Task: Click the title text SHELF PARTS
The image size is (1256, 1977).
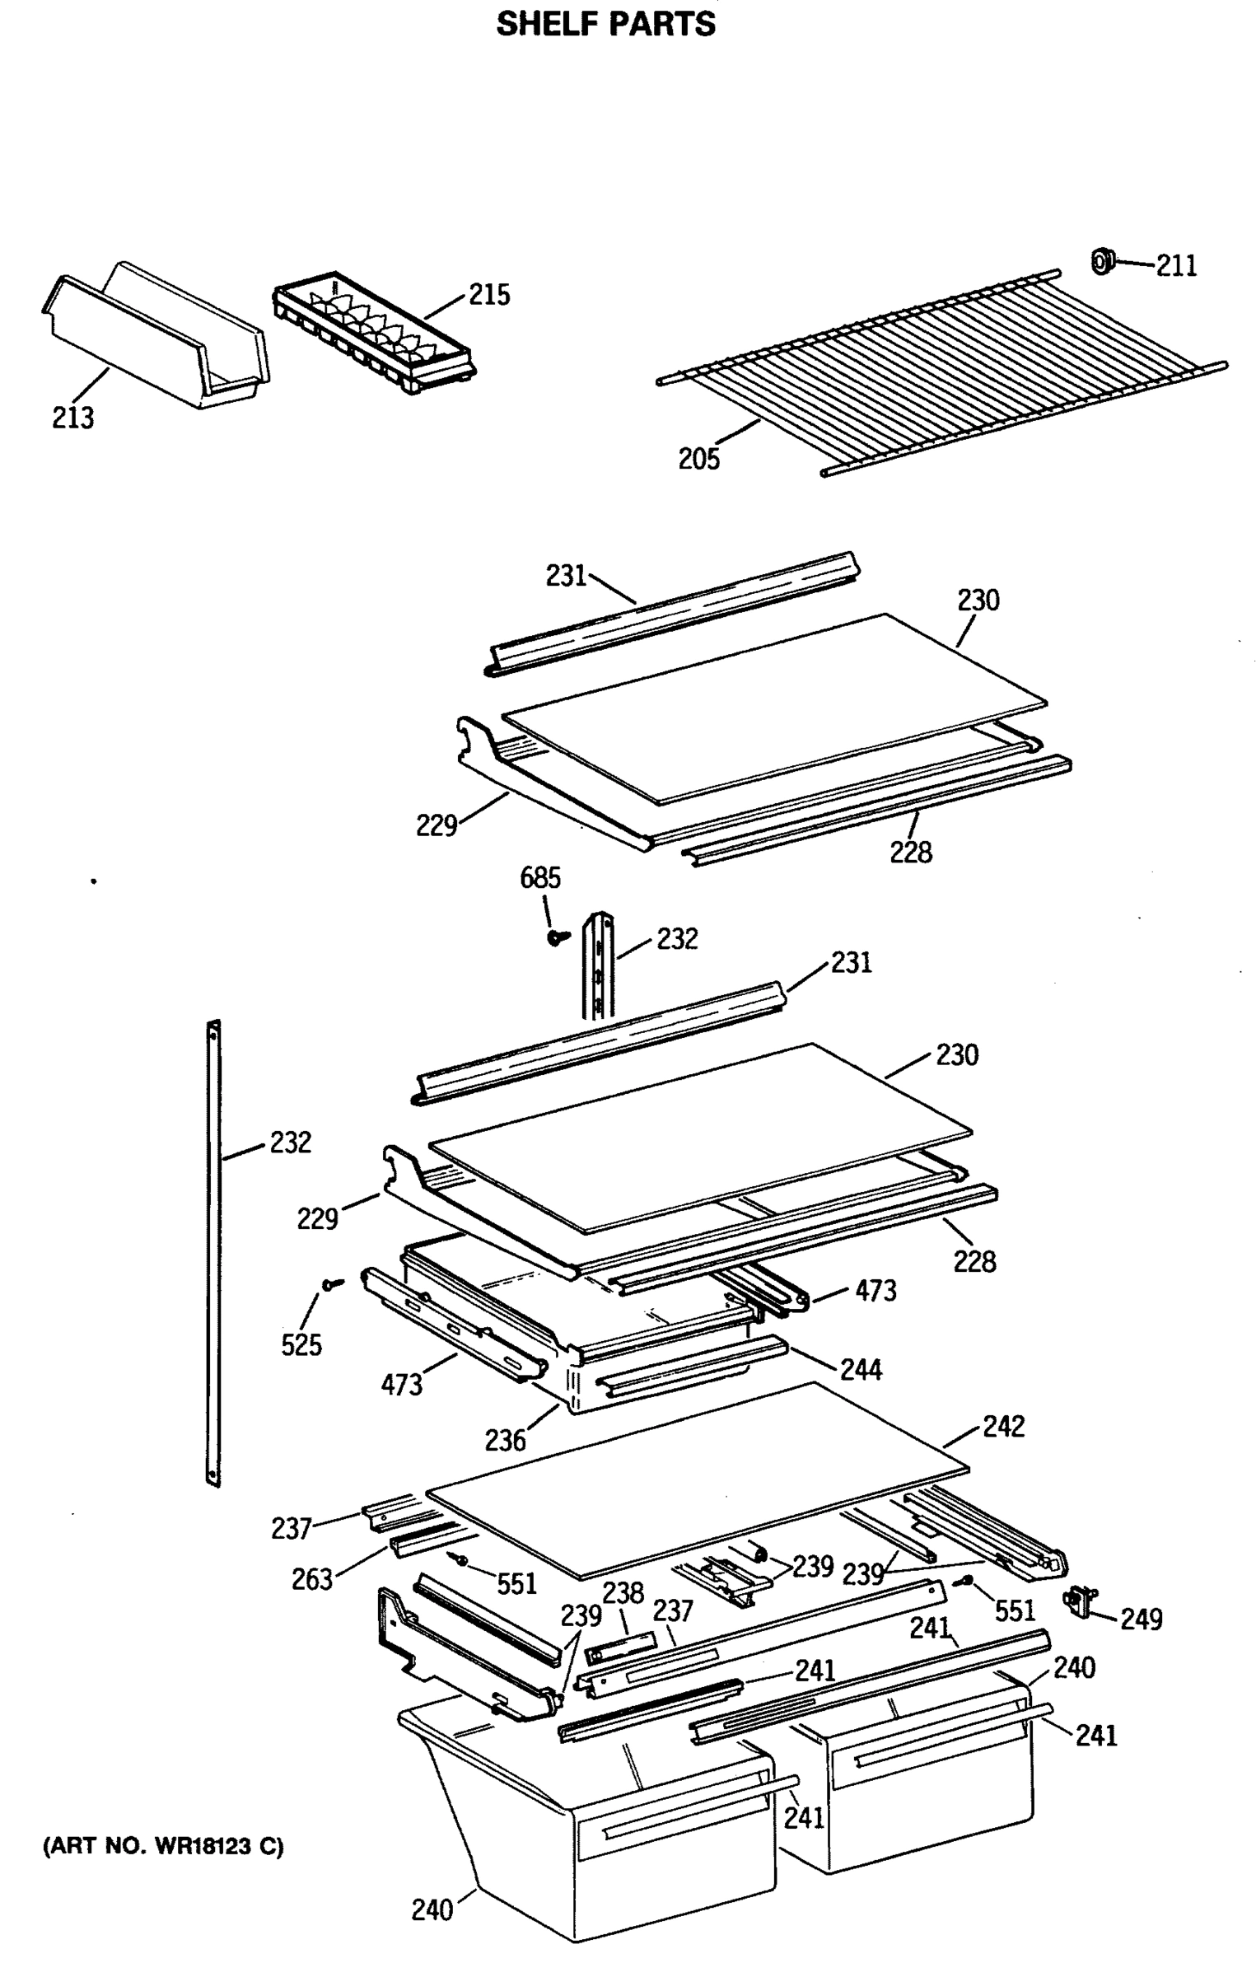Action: coord(605,24)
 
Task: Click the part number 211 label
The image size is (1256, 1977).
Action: coord(1176,265)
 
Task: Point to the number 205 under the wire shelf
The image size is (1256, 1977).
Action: coord(698,459)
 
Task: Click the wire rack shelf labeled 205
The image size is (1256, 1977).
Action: coord(939,371)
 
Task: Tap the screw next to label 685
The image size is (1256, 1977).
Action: coord(558,937)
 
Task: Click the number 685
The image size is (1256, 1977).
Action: coord(539,878)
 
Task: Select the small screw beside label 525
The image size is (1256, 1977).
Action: coord(333,1284)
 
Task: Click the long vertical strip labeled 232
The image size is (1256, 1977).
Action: coord(213,1252)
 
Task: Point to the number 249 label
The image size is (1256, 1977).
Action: coord(1141,1619)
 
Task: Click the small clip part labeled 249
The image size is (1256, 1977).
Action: coord(1080,1599)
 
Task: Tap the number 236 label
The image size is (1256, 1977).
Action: coord(504,1441)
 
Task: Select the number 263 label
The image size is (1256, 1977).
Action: coord(311,1580)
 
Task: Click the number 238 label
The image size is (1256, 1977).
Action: coord(623,1593)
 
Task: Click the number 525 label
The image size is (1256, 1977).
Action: coord(301,1345)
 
